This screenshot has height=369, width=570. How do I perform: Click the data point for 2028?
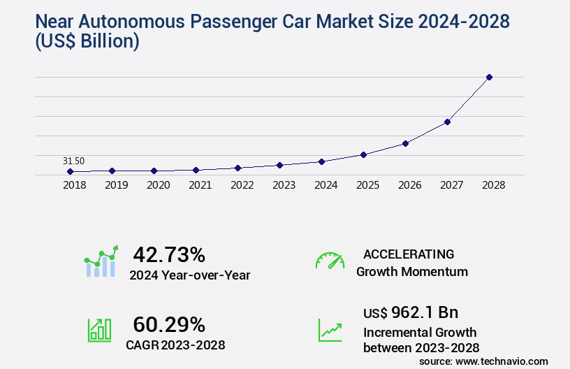489,77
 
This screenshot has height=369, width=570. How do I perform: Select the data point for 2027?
447,122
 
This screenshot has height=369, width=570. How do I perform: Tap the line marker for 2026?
405,143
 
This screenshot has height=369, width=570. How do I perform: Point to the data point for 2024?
321,161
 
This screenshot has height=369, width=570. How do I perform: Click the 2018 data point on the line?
71,171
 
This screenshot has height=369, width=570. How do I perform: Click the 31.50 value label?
73,161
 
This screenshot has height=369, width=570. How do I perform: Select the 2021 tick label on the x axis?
200,185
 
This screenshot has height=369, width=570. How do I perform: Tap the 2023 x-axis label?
284,185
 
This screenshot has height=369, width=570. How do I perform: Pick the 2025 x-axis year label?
367,185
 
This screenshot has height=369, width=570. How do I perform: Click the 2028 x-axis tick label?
492,185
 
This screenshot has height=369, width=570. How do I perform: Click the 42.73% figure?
169,254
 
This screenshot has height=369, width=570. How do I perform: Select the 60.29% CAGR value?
169,324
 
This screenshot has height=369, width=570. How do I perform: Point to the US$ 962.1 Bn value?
411,312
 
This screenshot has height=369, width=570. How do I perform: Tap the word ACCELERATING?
409,254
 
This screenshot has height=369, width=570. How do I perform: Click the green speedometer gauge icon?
330,261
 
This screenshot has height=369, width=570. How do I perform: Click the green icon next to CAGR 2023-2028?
99,330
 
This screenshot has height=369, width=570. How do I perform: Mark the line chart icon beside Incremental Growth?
330,330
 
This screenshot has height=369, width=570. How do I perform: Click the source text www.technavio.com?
501,361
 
